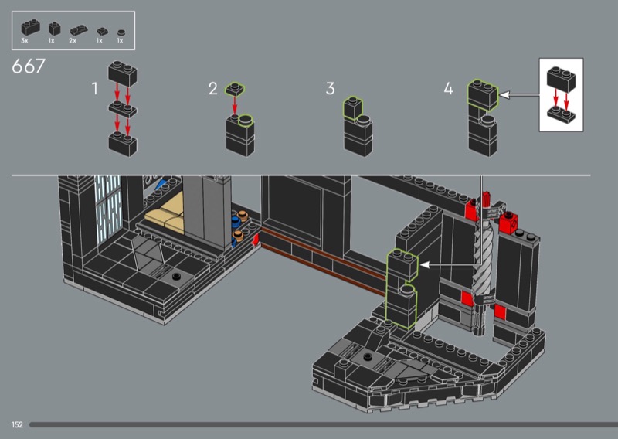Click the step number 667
tap(29, 66)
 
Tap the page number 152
tap(17, 425)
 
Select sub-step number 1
tap(94, 89)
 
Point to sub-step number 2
tap(213, 89)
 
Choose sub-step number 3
tap(331, 89)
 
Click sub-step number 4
tap(449, 89)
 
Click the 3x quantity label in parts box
tap(25, 41)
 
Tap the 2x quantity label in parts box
tap(73, 41)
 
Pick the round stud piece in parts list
tap(121, 32)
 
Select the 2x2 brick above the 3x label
tap(30, 28)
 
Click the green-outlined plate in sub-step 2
tap(235, 90)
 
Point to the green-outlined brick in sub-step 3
tap(353, 107)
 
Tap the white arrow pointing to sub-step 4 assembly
tap(519, 95)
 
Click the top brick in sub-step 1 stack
tap(123, 73)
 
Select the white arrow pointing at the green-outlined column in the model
tap(450, 265)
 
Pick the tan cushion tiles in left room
tap(165, 215)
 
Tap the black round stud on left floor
tap(176, 276)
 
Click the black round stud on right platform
tap(368, 357)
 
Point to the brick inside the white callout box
tap(561, 80)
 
